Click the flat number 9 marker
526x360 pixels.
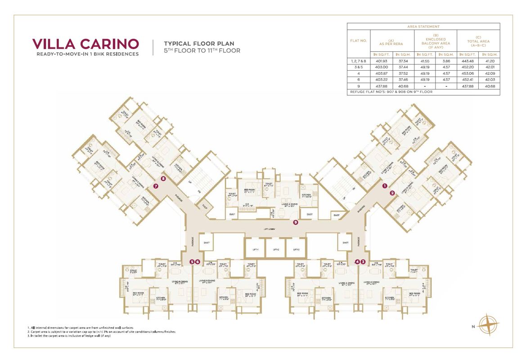coord(296,222)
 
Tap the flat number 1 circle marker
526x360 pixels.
coord(385,185)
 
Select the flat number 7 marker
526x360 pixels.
coord(156,185)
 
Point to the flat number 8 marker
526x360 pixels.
coord(163,179)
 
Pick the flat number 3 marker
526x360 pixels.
coord(363,261)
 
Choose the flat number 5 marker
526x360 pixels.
coord(192,261)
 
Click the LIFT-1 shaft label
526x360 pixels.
coord(255,249)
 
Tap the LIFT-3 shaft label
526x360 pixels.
coord(296,249)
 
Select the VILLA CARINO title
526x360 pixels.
coord(85,44)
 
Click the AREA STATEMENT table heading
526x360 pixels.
coord(423,27)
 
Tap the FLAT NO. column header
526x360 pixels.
coord(359,40)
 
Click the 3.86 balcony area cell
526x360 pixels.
coord(446,60)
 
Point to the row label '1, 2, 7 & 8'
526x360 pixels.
coord(359,60)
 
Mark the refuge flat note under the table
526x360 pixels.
coord(391,92)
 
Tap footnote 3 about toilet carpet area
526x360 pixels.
coord(69,336)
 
